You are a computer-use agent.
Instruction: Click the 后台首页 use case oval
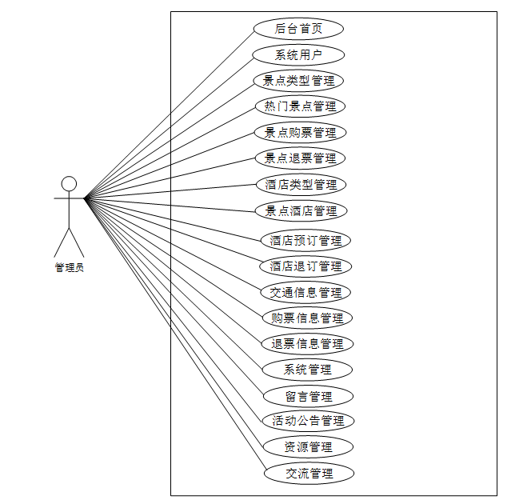(299, 29)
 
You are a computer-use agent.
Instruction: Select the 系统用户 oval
(299, 55)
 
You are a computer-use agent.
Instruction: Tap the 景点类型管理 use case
(299, 81)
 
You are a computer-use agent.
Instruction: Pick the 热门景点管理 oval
(300, 106)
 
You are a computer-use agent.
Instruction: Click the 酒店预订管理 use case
(305, 240)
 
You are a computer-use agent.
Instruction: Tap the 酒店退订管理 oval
(305, 266)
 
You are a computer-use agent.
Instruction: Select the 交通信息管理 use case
(305, 292)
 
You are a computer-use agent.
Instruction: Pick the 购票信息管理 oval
(307, 318)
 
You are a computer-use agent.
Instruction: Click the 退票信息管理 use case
(307, 344)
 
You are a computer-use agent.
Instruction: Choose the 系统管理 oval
(307, 370)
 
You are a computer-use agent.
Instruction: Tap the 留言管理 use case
(308, 396)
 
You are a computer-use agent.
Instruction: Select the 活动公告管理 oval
(308, 421)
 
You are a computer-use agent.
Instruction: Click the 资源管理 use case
(308, 447)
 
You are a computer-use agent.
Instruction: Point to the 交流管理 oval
(309, 473)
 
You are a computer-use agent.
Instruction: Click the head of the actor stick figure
(70, 184)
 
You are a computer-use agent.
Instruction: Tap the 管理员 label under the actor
(70, 268)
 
